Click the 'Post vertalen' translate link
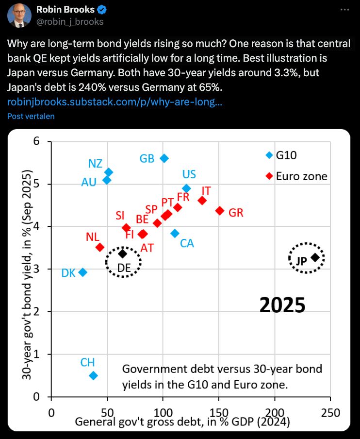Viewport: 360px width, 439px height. (x=31, y=116)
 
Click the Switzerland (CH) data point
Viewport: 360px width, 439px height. (x=94, y=375)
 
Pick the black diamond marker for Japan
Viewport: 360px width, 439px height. (x=315, y=257)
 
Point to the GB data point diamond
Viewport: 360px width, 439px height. (x=164, y=158)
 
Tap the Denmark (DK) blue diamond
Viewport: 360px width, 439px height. (x=82, y=272)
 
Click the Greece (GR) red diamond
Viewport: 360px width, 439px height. (x=219, y=211)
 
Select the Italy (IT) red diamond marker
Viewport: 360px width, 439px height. (x=202, y=201)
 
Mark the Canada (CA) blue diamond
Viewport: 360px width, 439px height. (x=175, y=234)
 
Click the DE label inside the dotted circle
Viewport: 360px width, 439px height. (x=124, y=268)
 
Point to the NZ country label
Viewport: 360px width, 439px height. (x=95, y=164)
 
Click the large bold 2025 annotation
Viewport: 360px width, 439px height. (x=282, y=305)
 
